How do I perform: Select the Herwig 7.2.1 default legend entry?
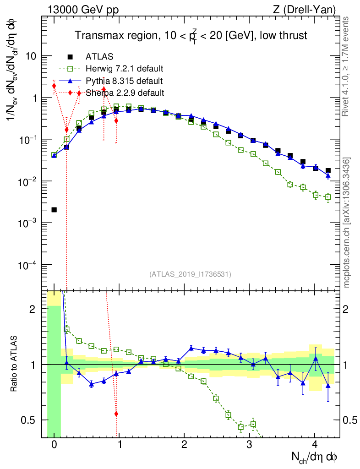(124, 69)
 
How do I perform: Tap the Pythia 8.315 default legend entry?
(124, 81)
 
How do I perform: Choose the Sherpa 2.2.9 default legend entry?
(124, 93)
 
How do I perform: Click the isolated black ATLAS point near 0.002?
(54, 210)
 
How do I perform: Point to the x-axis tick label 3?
(249, 445)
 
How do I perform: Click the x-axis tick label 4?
(315, 445)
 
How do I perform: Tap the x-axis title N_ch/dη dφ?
(315, 457)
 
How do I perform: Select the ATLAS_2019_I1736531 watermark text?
(190, 274)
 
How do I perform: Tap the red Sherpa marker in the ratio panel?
(116, 414)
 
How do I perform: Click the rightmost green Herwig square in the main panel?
(328, 197)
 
